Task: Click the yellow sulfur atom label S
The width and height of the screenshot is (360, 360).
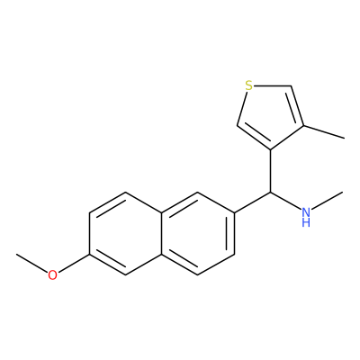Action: (x=248, y=85)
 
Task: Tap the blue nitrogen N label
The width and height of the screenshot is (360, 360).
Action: (x=306, y=212)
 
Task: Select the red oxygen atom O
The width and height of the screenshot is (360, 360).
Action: (x=52, y=275)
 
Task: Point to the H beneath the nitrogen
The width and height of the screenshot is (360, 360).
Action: (x=306, y=222)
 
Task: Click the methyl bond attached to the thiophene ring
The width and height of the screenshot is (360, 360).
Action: (x=324, y=132)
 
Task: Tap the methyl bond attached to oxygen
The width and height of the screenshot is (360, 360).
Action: (x=31, y=263)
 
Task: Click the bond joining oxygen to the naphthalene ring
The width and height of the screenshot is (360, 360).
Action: (x=74, y=264)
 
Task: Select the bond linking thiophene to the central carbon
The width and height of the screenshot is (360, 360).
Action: (x=270, y=170)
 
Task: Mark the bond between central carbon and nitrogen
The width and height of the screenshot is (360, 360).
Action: (x=285, y=200)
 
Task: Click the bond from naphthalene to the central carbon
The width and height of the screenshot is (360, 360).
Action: (x=252, y=202)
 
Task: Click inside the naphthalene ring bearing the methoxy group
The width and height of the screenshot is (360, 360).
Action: (x=125, y=233)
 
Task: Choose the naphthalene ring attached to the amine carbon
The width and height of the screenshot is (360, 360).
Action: (x=198, y=233)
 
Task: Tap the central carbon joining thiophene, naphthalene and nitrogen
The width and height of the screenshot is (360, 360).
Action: (x=270, y=192)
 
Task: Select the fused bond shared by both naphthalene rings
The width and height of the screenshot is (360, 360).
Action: (x=162, y=233)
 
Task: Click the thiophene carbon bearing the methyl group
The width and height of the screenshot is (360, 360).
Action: (x=303, y=125)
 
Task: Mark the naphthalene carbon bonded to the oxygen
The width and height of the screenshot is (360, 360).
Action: (x=89, y=255)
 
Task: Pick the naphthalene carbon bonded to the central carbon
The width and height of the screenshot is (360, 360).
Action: (x=234, y=212)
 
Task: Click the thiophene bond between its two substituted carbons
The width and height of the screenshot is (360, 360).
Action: (x=287, y=138)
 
